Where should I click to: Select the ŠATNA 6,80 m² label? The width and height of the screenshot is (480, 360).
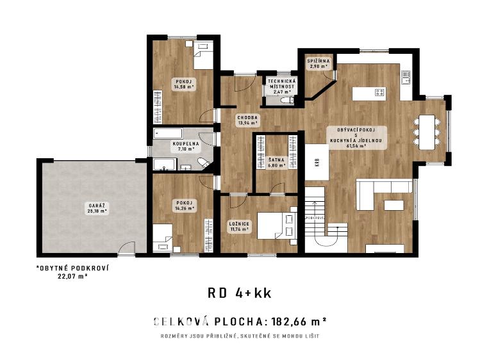point(277,163)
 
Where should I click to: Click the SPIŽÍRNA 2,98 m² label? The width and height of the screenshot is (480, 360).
point(319,63)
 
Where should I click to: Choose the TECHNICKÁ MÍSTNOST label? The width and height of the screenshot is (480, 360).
point(281,86)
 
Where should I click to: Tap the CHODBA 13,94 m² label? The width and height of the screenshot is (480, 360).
point(247,120)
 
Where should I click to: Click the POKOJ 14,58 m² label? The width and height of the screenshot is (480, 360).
point(184,84)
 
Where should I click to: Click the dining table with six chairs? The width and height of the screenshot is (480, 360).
point(427,131)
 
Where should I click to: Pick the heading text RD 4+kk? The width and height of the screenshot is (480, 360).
point(240,293)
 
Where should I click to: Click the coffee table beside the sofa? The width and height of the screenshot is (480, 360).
point(393,205)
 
